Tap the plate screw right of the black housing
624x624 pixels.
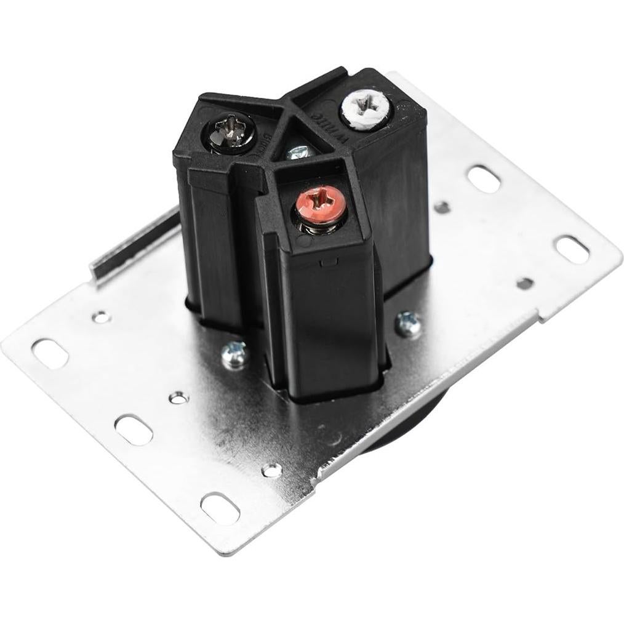pyautogui.click(x=407, y=324)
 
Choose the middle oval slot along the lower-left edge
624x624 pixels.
pyautogui.click(x=134, y=430)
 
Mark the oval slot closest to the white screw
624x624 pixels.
pyautogui.click(x=484, y=178)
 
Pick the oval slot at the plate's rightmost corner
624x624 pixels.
pyautogui.click(x=572, y=250)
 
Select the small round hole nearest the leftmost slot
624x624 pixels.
pyautogui.click(x=99, y=318)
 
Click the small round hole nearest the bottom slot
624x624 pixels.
pyautogui.click(x=271, y=470)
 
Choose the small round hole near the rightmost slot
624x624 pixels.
pyautogui.click(x=524, y=283)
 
